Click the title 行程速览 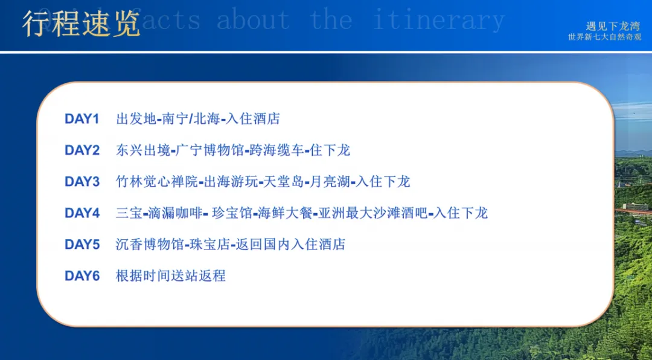click(81, 23)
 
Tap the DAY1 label click(81, 119)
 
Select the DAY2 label click(81, 150)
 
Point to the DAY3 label click(81, 182)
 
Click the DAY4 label click(81, 213)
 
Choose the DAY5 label click(81, 245)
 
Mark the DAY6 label click(81, 276)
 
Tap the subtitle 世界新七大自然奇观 click(604, 37)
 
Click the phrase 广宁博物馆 click(211, 150)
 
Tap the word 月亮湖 click(331, 182)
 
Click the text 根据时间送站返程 click(170, 276)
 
